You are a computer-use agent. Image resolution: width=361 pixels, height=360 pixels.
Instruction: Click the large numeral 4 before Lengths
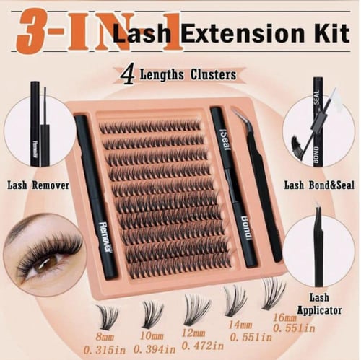(127, 75)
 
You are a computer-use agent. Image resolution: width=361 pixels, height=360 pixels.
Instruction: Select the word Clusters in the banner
(213, 75)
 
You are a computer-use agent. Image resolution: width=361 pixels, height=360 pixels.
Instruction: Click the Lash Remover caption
(38, 185)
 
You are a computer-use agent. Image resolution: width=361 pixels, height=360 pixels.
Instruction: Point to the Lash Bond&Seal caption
(319, 185)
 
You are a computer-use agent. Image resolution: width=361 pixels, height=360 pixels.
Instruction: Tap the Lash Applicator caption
(319, 304)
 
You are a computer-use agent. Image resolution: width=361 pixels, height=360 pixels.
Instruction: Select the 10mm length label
(152, 335)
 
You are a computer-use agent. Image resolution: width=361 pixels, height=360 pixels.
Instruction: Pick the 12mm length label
(193, 333)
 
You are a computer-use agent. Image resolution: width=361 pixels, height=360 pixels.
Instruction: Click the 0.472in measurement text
(203, 346)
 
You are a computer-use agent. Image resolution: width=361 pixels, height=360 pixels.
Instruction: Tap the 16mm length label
(284, 318)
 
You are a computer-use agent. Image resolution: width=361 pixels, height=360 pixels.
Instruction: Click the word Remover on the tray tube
(106, 236)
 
